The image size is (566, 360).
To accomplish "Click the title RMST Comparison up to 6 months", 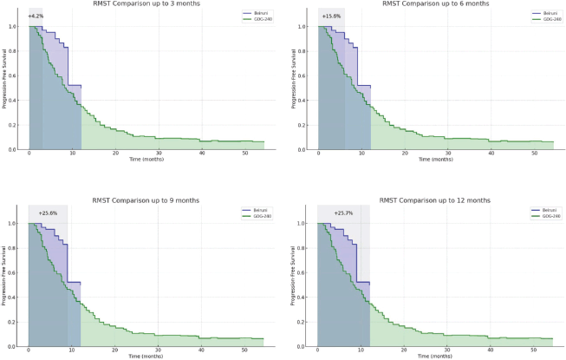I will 435,3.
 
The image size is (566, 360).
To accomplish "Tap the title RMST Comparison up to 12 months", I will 435,200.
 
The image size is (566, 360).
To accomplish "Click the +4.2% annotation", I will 36,16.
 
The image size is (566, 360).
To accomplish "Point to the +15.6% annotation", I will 331,16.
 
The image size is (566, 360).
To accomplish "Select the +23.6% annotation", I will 48,213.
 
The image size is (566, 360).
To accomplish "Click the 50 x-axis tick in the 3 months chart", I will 244,154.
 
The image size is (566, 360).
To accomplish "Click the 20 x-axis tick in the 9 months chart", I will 114,350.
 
